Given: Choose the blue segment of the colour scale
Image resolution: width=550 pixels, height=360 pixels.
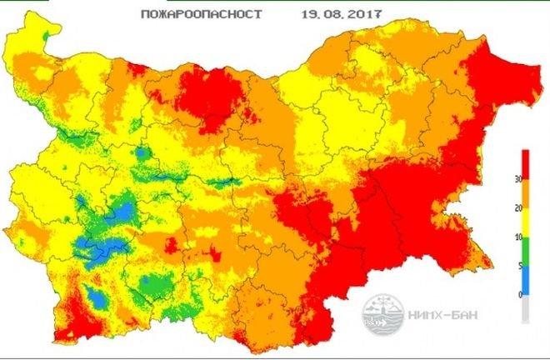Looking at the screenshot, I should click(525, 280).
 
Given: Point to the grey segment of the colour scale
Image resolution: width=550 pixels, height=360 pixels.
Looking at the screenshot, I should click(525, 309).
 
